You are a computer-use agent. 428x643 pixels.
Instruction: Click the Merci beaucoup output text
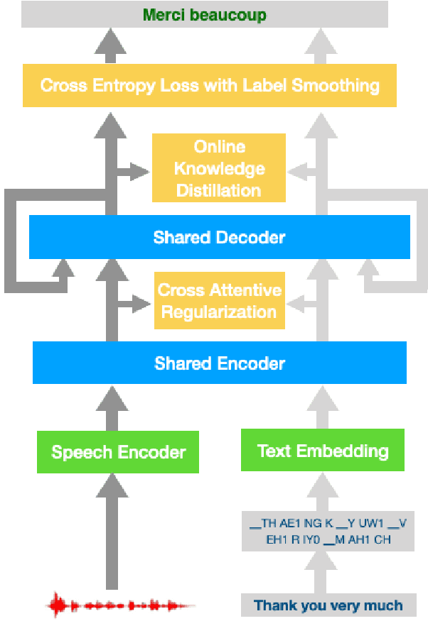pyautogui.click(x=205, y=15)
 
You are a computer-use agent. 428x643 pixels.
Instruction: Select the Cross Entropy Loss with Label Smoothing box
pyautogui.click(x=210, y=86)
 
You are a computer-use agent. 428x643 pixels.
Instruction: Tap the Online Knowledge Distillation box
pyautogui.click(x=219, y=168)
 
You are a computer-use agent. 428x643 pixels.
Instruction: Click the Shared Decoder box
pyautogui.click(x=219, y=237)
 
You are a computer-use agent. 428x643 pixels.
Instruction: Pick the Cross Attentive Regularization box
pyautogui.click(x=219, y=301)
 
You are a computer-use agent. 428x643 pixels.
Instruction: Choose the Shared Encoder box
pyautogui.click(x=219, y=363)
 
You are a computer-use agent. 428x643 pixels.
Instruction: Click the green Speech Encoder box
pyautogui.click(x=118, y=452)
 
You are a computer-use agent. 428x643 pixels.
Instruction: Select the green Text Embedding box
pyautogui.click(x=323, y=451)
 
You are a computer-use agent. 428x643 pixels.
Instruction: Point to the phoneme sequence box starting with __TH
pyautogui.click(x=328, y=531)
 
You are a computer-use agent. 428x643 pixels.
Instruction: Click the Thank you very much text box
pyautogui.click(x=328, y=605)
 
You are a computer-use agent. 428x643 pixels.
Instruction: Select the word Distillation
pyautogui.click(x=219, y=190)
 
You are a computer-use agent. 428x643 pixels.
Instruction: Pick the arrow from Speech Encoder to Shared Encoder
pyautogui.click(x=111, y=407)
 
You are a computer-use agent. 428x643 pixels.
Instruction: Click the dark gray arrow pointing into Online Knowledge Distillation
pyautogui.click(x=132, y=171)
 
